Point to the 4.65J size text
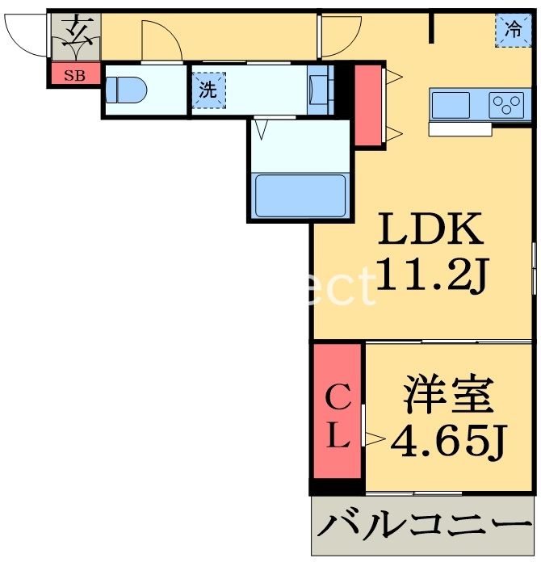tap(447, 440)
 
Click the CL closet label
tap(337, 419)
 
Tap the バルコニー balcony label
tap(424, 527)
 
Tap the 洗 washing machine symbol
tap(208, 90)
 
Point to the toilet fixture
tap(125, 89)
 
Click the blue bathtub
tap(300, 195)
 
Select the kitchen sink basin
tap(451, 105)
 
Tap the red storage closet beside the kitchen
tap(367, 105)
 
